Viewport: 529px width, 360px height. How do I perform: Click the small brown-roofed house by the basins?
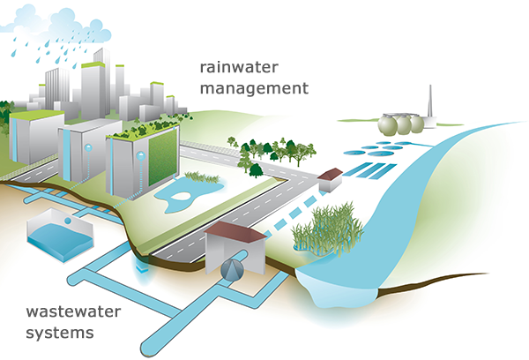pyautogui.click(x=331, y=179)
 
